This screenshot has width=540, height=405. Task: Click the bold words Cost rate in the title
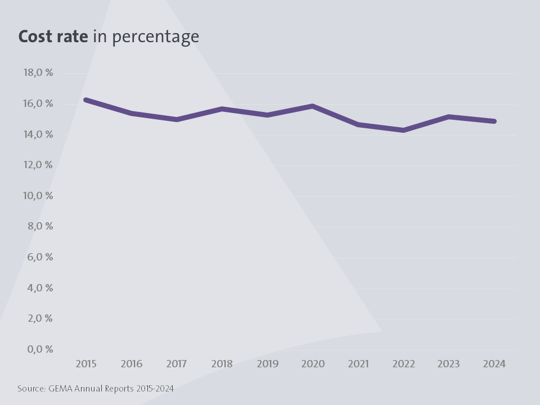coord(53,37)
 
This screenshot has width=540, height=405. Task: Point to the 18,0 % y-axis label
coord(38,73)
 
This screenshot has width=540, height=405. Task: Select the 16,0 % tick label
coord(38,103)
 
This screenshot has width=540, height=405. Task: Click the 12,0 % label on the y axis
coord(38,165)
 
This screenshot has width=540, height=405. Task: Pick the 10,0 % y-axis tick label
coord(38,196)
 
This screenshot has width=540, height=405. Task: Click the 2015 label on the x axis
coord(86,364)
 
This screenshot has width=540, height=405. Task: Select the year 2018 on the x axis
coord(222,364)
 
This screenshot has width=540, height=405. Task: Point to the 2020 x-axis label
coord(313,364)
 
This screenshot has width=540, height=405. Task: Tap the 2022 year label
coord(403,364)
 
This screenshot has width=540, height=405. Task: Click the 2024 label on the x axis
coord(494,364)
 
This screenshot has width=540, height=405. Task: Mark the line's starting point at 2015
coord(86,100)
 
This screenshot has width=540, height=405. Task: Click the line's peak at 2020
coord(313,106)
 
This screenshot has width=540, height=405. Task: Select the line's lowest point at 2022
coord(403,130)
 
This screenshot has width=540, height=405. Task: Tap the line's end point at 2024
coord(494,121)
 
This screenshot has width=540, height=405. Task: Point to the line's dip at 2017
coord(177,119)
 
